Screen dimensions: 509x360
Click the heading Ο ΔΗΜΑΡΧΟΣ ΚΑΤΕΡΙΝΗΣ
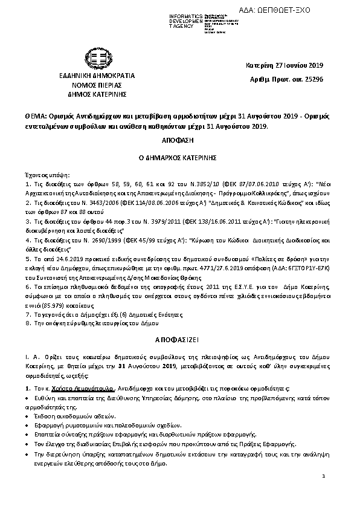coord(180,157)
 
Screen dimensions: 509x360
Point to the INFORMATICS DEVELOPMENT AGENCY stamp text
coord(170,20)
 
